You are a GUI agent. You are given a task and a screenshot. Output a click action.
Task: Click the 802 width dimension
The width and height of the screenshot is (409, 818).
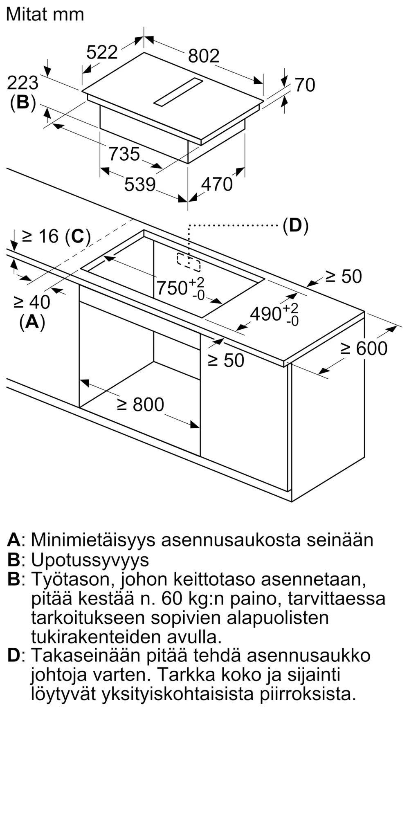(204, 56)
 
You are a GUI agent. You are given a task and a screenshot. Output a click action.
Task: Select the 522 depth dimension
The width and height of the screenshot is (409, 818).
(102, 52)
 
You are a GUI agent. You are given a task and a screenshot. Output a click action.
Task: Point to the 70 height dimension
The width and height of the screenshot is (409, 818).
(305, 85)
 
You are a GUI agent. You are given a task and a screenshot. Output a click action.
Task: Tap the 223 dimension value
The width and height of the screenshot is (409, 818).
(23, 83)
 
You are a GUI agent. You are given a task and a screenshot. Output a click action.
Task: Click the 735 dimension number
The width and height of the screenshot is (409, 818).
(124, 154)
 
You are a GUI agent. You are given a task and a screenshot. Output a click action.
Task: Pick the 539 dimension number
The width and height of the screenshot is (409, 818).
(140, 184)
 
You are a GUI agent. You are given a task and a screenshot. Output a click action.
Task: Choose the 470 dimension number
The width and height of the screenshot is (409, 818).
(217, 184)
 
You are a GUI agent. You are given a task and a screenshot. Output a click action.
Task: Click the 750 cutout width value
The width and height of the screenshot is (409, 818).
(172, 288)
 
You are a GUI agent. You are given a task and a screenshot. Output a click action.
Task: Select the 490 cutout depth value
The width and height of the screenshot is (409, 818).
(266, 314)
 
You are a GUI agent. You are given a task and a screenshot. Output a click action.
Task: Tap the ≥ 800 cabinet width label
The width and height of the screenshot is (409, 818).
(140, 405)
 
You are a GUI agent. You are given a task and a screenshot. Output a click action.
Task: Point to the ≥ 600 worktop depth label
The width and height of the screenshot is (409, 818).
(364, 348)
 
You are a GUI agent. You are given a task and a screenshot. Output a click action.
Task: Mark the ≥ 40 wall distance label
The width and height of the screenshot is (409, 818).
(31, 302)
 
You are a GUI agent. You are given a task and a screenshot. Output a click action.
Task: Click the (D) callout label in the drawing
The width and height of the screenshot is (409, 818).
(296, 225)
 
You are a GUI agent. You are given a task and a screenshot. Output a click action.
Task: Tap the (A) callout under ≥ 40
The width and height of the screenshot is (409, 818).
(32, 322)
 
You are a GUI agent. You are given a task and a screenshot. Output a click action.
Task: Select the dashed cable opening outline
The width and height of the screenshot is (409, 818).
(189, 262)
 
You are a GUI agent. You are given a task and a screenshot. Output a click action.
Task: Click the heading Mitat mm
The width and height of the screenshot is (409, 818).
(45, 15)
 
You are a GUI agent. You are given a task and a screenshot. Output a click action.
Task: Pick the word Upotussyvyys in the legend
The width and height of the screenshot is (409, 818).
(90, 560)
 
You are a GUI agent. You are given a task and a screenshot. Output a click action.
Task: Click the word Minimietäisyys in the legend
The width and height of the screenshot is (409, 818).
(93, 540)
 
